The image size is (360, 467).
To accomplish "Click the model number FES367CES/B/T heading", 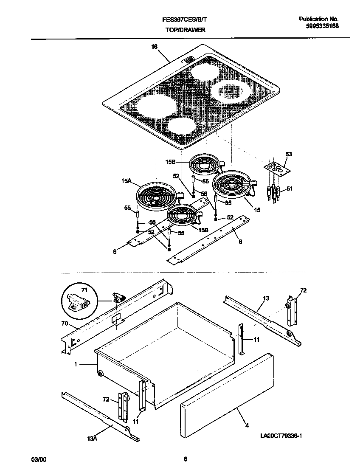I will click(186, 20).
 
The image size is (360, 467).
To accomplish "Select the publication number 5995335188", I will click(322, 26).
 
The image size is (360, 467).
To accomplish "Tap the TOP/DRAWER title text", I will click(186, 30).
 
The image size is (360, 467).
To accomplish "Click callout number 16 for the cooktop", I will click(154, 47).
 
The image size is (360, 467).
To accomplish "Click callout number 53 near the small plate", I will click(288, 155).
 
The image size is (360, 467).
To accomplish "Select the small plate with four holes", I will click(277, 168).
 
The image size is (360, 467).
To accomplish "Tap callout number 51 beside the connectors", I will click(289, 188).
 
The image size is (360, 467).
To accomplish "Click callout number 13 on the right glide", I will click(265, 298).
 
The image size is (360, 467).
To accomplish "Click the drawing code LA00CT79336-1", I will click(284, 436).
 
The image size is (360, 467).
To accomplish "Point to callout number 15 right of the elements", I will click(257, 210).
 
